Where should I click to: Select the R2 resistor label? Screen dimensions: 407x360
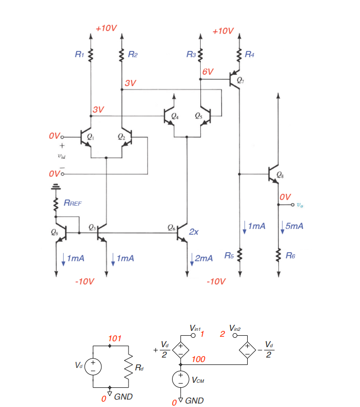point(132,54)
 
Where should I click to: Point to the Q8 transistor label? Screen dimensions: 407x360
point(280,175)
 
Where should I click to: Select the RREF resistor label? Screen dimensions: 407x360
point(73,203)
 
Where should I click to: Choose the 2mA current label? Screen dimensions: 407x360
point(204,258)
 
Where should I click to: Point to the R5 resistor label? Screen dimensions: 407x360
point(228,256)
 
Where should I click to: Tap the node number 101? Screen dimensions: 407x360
point(114,339)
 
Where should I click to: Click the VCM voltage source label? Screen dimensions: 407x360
point(199,381)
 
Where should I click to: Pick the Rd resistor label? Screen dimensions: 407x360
point(141,367)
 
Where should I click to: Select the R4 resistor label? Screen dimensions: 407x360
point(250,54)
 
